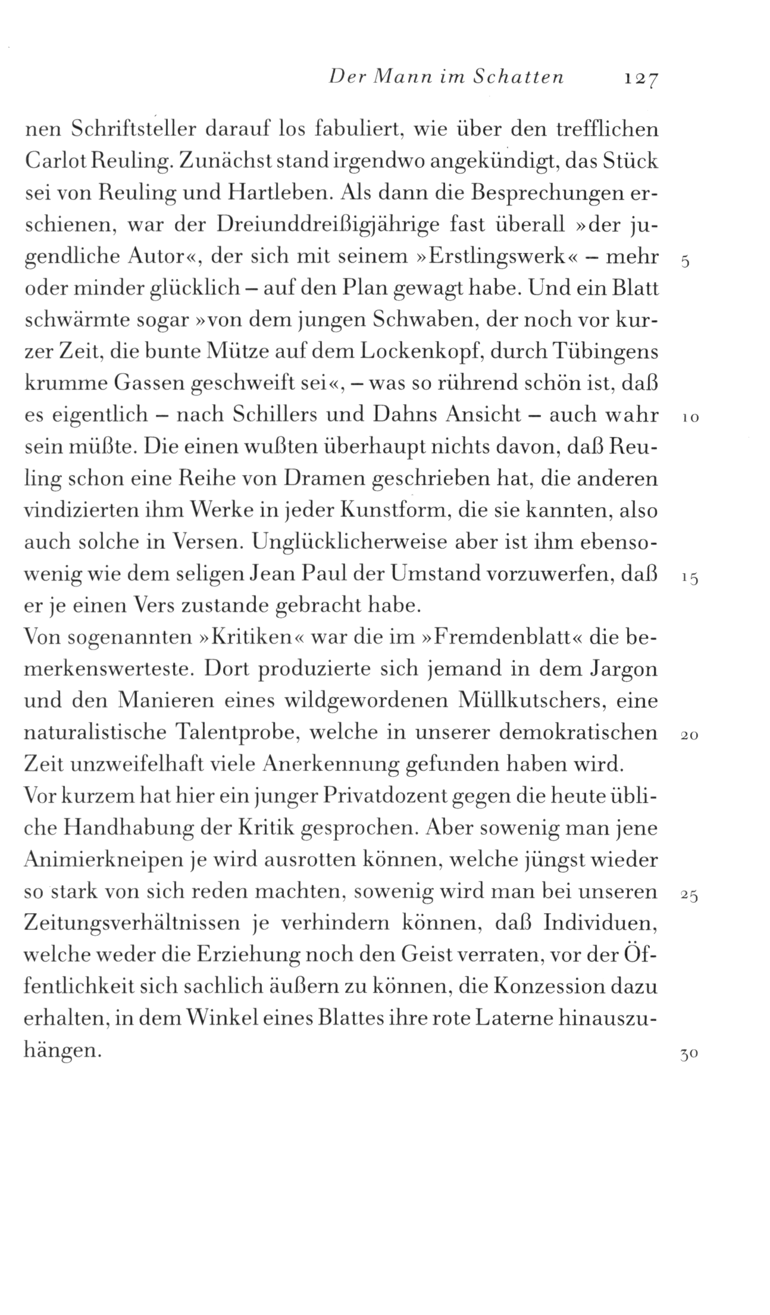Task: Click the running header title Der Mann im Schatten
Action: (446, 77)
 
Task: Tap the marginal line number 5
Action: (686, 263)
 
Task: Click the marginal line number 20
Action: (690, 736)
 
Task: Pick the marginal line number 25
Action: (690, 895)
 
